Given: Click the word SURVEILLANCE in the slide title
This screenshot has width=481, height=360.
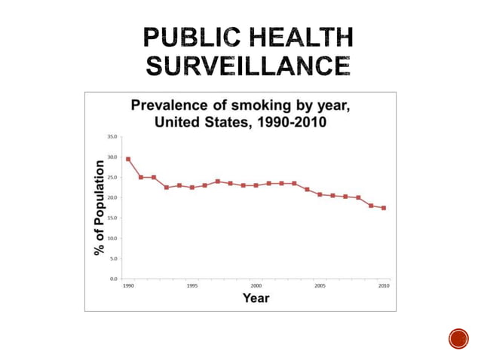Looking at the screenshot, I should click(248, 66).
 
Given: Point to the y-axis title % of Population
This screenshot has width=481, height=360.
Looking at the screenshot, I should click(99, 206).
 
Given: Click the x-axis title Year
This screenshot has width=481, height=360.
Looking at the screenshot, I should click(256, 297).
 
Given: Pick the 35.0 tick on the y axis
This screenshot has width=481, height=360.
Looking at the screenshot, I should click(112, 137).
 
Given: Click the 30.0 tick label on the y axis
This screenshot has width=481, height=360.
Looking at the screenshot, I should click(112, 157).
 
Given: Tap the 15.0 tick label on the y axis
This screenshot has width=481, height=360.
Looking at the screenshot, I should click(112, 218).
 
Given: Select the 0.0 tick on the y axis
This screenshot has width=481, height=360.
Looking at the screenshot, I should click(112, 278).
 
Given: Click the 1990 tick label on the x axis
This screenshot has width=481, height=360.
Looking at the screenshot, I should click(128, 286).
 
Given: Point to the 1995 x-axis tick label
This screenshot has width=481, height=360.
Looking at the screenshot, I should click(192, 286).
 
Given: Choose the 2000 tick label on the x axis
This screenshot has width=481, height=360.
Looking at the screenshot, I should click(256, 286).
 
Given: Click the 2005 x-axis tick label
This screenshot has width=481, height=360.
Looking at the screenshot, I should click(320, 286).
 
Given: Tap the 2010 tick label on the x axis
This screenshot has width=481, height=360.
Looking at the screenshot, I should click(384, 286).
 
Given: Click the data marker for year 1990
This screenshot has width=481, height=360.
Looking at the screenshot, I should click(128, 159).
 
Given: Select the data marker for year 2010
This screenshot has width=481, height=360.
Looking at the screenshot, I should click(384, 208).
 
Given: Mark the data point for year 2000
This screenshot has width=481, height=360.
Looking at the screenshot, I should click(256, 185).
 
